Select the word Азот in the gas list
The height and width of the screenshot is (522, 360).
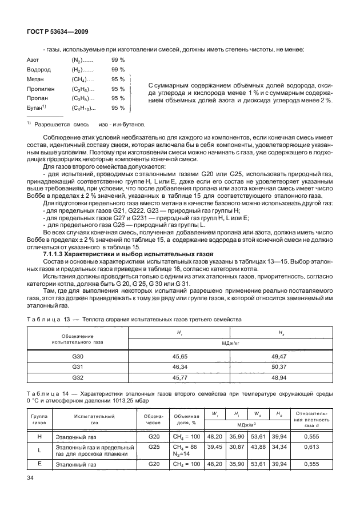(x=33, y=59)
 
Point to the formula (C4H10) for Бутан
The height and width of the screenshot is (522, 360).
(x=83, y=108)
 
